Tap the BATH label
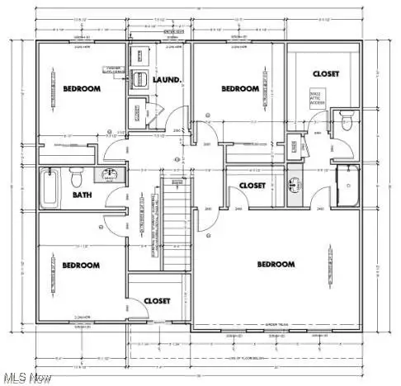pyautogui.click(x=83, y=195)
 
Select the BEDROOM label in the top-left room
pyautogui.click(x=82, y=88)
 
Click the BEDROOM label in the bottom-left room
pyautogui.click(x=81, y=265)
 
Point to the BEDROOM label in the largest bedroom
pyautogui.click(x=276, y=264)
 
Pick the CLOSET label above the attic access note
pyautogui.click(x=325, y=73)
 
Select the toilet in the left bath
pyautogui.click(x=77, y=176)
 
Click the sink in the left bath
pyautogui.click(x=109, y=174)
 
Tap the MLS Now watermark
pyautogui.click(x=26, y=376)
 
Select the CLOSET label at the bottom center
pyautogui.click(x=157, y=301)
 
